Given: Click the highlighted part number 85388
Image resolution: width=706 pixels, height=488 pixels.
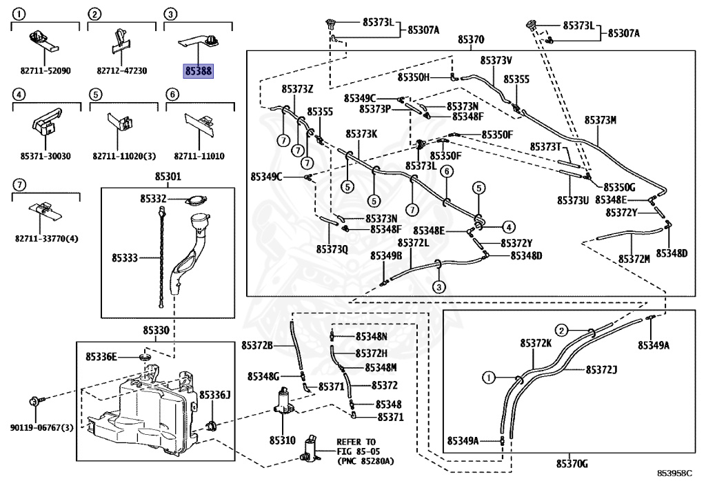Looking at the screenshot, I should point(198,70).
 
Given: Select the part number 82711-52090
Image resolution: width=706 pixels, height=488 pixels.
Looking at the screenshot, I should point(46,70).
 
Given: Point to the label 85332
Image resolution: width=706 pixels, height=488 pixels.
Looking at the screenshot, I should point(153,199).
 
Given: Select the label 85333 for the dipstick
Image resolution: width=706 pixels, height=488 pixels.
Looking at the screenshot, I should point(125,258).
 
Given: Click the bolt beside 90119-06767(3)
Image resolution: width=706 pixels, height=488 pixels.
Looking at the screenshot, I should point(34,401).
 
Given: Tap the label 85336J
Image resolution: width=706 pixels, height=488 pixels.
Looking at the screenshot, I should point(214,394).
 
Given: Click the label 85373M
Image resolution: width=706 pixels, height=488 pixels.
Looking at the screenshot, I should point(600,120).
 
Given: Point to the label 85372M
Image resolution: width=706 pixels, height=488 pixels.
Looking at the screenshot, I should point(634,258).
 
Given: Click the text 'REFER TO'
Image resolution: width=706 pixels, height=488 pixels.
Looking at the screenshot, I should point(356,441).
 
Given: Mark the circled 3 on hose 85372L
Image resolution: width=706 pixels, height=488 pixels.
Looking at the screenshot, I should point(438,286).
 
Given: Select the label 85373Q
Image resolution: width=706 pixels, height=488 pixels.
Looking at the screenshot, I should point(332,248).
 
